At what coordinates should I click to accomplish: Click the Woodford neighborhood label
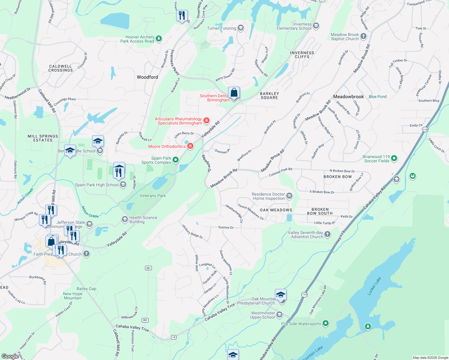tap(147, 77)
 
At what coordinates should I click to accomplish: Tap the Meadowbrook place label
tap(348, 97)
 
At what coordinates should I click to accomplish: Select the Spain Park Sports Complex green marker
tap(176, 160)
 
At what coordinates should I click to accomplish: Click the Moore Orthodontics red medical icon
tap(190, 146)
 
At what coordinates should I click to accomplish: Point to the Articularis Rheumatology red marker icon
tap(206, 121)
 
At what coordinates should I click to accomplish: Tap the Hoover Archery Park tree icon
tap(159, 38)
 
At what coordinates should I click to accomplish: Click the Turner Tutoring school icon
tap(240, 28)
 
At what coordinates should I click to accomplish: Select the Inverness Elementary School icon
tap(316, 26)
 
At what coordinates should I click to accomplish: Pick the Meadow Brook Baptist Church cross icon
tap(363, 36)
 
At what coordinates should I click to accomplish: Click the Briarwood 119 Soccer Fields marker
tap(394, 158)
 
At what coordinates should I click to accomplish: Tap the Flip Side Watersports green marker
tap(326, 323)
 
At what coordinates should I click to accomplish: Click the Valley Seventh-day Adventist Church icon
tap(327, 234)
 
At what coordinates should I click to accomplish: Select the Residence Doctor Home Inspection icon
tap(289, 196)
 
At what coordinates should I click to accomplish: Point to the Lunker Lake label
tap(374, 286)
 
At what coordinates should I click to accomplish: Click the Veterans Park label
tap(152, 196)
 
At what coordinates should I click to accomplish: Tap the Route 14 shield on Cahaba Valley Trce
tap(173, 337)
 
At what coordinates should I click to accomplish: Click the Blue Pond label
tap(378, 97)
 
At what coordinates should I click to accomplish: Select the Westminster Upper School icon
tap(279, 314)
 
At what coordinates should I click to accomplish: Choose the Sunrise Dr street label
tap(226, 227)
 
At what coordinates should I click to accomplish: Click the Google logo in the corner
tap(10, 356)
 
